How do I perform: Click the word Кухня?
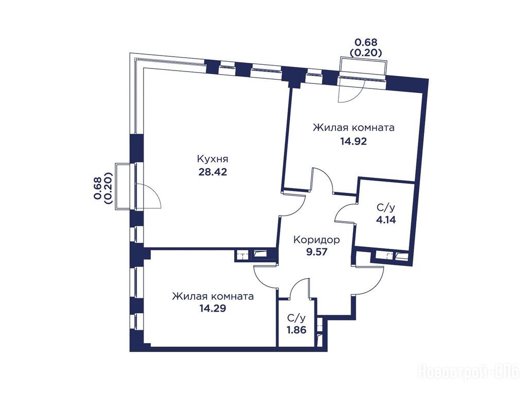pos(213,158)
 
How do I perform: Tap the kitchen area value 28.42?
pos(213,172)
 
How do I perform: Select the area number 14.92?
pos(353,141)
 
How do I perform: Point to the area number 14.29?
pos(213,308)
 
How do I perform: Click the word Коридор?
pos(317,240)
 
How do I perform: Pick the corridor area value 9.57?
pos(317,252)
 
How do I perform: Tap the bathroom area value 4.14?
pos(386,220)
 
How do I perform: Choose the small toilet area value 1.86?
pos(296,330)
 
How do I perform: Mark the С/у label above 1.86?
pos(296,318)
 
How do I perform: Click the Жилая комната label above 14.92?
pos(354,128)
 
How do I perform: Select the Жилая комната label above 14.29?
pos(213,297)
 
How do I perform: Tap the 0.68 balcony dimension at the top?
pos(366,42)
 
